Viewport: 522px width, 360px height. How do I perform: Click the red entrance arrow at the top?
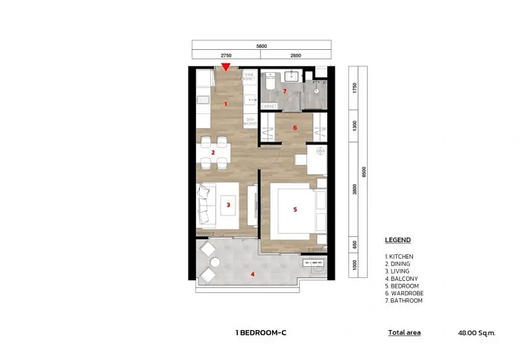(225, 68)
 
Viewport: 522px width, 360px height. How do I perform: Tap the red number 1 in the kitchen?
(225, 105)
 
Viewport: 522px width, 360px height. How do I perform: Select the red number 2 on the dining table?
(213, 153)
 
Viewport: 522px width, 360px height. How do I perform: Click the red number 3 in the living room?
(229, 203)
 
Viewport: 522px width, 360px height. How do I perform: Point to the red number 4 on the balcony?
(253, 274)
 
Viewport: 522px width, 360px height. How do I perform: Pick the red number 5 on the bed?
(295, 209)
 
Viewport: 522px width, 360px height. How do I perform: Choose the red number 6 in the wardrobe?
(295, 127)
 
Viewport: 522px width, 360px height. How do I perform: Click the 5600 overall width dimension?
(262, 45)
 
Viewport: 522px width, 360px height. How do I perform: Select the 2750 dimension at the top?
(226, 55)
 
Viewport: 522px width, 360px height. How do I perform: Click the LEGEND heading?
(397, 241)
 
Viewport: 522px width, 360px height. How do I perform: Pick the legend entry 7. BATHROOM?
(403, 300)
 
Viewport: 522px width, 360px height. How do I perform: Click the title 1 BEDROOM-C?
(261, 332)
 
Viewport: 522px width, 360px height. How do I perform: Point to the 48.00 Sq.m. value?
(477, 332)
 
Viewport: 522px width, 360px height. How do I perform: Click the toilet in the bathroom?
(267, 86)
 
